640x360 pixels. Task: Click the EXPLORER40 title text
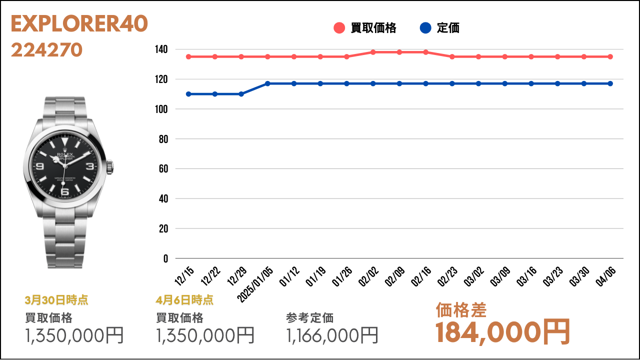coord(79,24)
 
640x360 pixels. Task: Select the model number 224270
coord(46,50)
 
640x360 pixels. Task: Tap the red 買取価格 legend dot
coord(339,28)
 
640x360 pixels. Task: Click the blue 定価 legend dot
coord(425,28)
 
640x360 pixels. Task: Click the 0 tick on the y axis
coord(165,258)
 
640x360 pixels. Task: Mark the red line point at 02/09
coord(399,52)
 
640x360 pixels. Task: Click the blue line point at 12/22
coord(215,94)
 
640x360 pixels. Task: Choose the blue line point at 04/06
coord(610,83)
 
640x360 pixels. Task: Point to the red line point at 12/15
coord(188,56)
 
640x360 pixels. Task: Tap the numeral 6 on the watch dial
coord(64,190)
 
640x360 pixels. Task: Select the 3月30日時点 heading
coord(56,300)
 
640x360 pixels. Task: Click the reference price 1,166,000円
coord(332,335)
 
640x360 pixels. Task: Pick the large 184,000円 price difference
coord(502,331)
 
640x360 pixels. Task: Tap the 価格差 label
coord(461,310)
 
